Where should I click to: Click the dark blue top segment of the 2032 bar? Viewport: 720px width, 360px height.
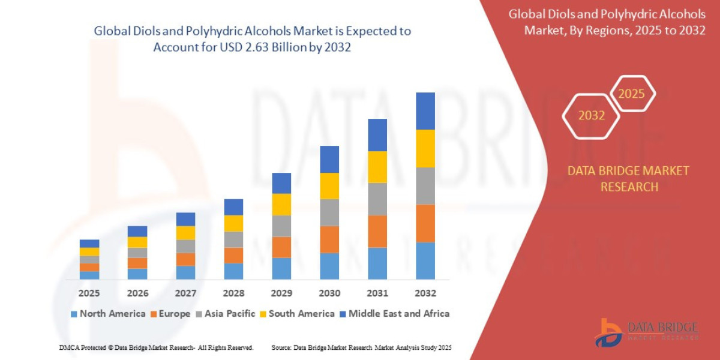click(x=425, y=111)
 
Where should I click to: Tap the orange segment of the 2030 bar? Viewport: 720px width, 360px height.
click(x=329, y=239)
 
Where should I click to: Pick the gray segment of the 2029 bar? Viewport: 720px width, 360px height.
click(x=281, y=226)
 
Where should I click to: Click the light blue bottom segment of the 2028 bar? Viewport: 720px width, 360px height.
click(x=233, y=271)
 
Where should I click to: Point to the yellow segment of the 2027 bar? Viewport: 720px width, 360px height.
click(x=185, y=233)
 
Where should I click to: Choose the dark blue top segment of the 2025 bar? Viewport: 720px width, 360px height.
click(x=89, y=244)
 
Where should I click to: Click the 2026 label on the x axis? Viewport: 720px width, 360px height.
click(x=137, y=293)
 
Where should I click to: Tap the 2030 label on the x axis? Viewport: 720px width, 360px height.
click(x=329, y=293)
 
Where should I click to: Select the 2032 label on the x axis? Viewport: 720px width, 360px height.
click(x=425, y=293)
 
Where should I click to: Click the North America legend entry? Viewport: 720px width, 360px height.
click(x=108, y=313)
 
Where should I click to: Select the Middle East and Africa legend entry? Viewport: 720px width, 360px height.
click(x=394, y=313)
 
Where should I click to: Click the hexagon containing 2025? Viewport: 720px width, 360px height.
click(x=631, y=94)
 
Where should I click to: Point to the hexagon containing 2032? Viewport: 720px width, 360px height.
click(x=591, y=116)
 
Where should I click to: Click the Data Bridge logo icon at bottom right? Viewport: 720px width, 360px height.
click(x=608, y=332)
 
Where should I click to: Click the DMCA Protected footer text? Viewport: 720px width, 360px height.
click(x=156, y=347)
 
